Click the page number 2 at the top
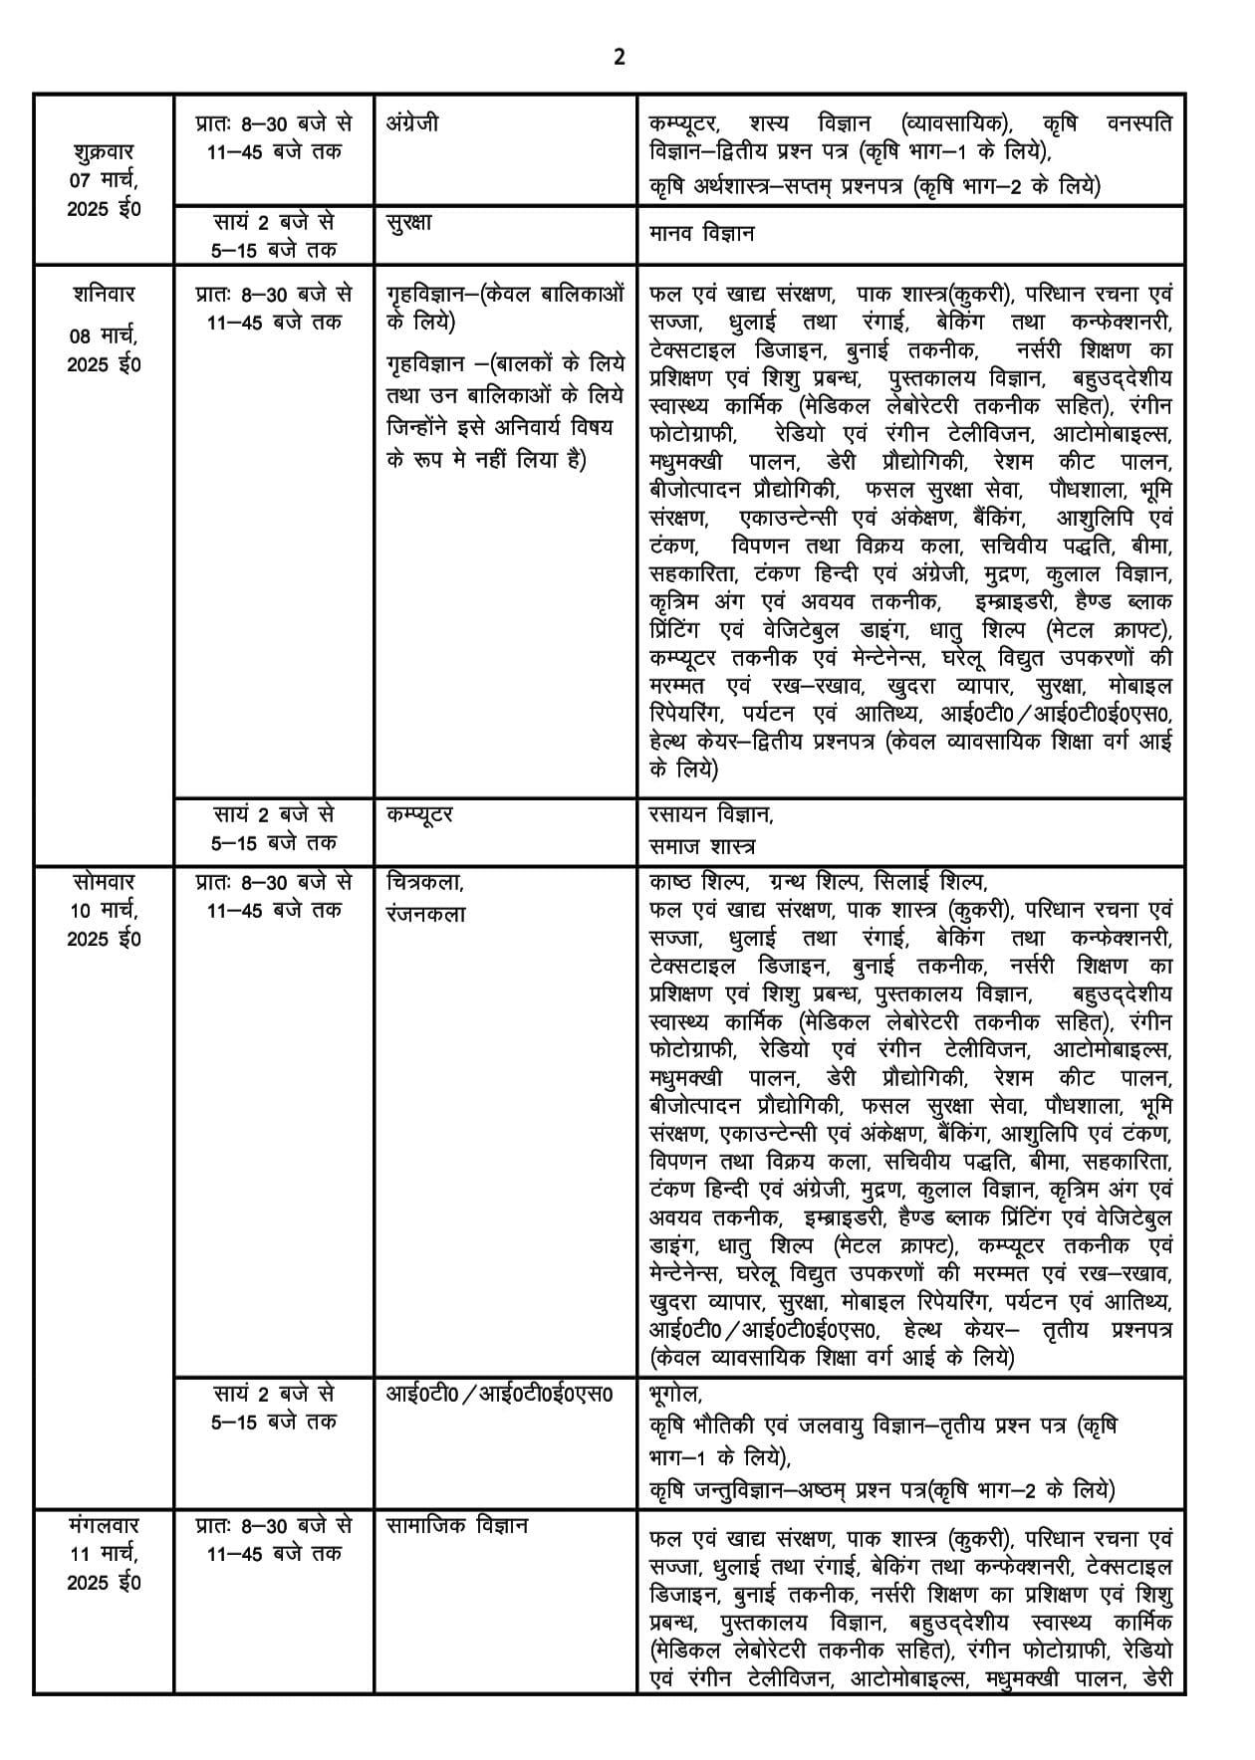[619, 58]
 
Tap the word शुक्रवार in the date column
[104, 152]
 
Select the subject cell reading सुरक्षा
[408, 222]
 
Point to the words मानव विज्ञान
[701, 233]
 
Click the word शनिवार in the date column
[104, 295]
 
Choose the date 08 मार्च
[104, 335]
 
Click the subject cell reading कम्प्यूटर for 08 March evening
[419, 814]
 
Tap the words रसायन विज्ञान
[710, 814]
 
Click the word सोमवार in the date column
[104, 882]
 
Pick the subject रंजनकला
[425, 913]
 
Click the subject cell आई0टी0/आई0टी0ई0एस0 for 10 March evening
[499, 1393]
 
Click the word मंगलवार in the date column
[104, 1525]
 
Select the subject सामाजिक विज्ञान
[457, 1525]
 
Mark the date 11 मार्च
[104, 1553]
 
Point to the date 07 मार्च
[104, 181]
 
